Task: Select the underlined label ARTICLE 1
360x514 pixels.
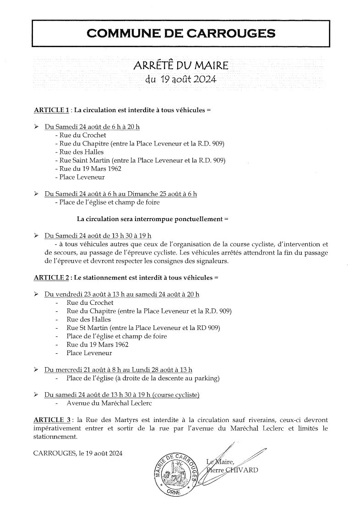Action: click(x=51, y=110)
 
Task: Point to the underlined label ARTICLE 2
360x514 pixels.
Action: click(x=51, y=277)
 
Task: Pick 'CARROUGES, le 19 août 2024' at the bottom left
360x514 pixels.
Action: click(x=78, y=453)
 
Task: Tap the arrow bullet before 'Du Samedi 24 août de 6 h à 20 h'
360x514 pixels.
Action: click(x=37, y=127)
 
